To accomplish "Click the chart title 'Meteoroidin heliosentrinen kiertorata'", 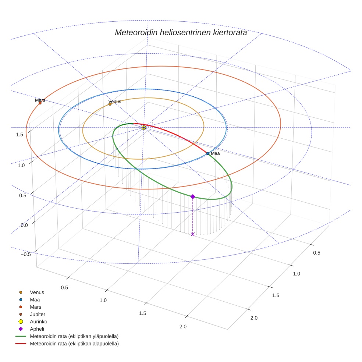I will coord(181,32).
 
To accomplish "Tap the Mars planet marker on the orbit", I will coord(40,103).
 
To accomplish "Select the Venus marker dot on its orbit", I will coord(110,104).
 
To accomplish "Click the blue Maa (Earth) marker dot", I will coord(207,153).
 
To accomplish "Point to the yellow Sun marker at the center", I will coord(143,128).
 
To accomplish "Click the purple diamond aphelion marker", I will coord(192,197).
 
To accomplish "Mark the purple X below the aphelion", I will coord(192,234).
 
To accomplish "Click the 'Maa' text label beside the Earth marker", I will coord(215,153).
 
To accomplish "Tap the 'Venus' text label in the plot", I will coord(114,102).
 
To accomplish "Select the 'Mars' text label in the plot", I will coord(40,100).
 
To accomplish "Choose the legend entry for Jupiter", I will coord(38,315).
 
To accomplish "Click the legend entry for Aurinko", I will coord(39,322).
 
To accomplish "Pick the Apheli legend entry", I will coord(37,329).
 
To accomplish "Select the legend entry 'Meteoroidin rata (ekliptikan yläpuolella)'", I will coord(74,337).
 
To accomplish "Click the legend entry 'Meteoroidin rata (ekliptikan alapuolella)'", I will coord(74,344).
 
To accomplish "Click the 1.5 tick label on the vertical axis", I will coord(20,135).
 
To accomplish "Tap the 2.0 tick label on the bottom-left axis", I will coord(182,327).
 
